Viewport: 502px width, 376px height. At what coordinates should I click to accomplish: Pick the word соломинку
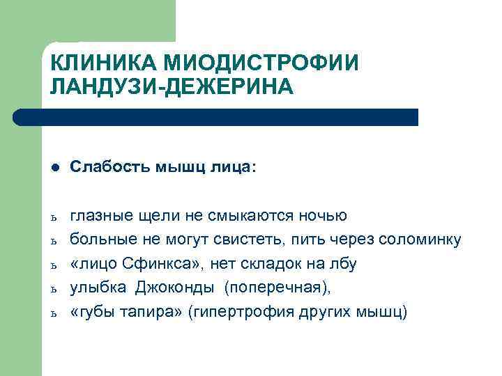tap(420, 240)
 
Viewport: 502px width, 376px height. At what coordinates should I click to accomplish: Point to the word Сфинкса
tap(162, 265)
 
